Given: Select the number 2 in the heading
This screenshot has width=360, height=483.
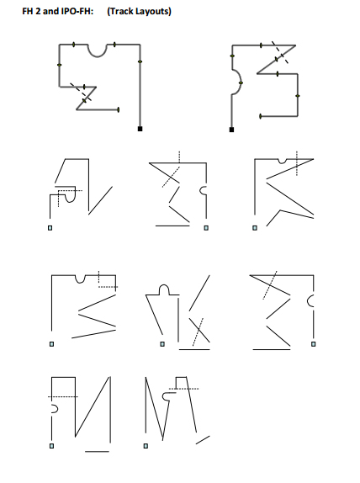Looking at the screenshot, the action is pyautogui.click(x=38, y=11).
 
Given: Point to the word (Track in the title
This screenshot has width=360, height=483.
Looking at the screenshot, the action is pyautogui.click(x=120, y=11).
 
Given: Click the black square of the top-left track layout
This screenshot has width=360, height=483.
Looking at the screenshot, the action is pyautogui.click(x=140, y=129).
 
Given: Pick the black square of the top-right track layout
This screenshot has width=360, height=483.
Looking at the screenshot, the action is pyautogui.click(x=231, y=130).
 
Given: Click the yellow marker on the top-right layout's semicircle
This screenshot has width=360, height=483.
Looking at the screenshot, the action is pyautogui.click(x=241, y=82).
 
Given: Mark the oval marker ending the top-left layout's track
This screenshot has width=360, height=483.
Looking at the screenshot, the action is pyautogui.click(x=119, y=109).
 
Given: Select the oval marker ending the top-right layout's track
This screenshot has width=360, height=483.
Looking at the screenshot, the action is pyautogui.click(x=261, y=116).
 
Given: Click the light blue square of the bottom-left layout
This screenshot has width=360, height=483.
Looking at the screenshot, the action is pyautogui.click(x=51, y=446).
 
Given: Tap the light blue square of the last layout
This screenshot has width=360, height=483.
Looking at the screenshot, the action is pyautogui.click(x=146, y=446).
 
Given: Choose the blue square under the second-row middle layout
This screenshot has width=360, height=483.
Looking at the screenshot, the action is pyautogui.click(x=206, y=228).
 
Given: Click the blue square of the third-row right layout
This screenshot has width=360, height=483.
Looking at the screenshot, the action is pyautogui.click(x=313, y=344).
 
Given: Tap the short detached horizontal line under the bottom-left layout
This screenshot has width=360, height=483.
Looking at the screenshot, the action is pyautogui.click(x=97, y=452).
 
